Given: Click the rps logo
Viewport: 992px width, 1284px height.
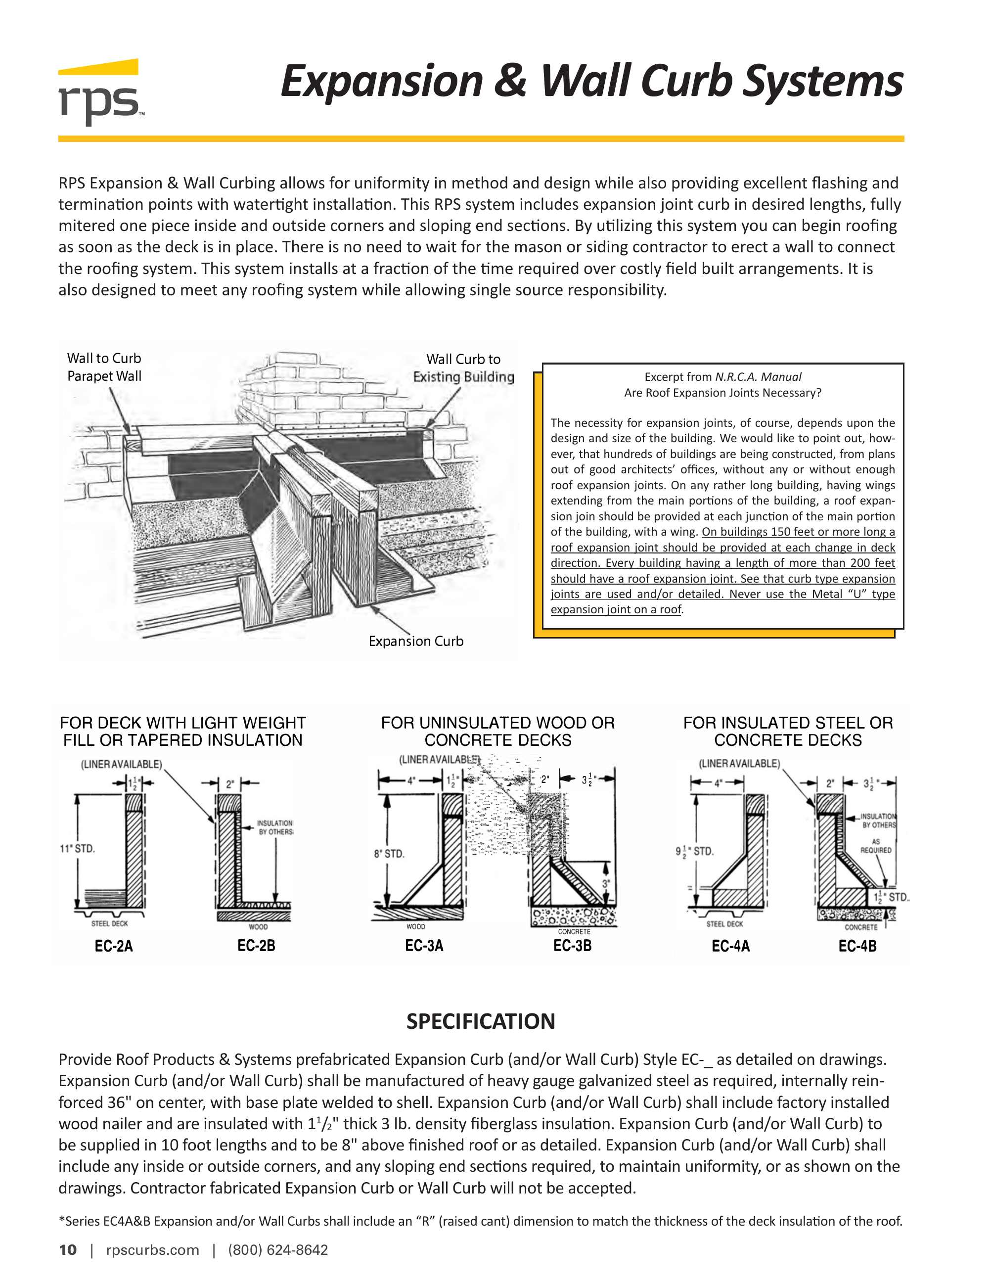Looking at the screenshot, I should pyautogui.click(x=100, y=93).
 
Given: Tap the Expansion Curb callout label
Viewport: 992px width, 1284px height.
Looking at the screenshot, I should pyautogui.click(x=415, y=641).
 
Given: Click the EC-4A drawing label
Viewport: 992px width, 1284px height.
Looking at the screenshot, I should pyautogui.click(x=730, y=946).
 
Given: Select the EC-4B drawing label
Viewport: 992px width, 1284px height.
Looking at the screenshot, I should pyautogui.click(x=857, y=946).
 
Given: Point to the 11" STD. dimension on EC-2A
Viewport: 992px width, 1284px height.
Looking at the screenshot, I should pyautogui.click(x=77, y=848).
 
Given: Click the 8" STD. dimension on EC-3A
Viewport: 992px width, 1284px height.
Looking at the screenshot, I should pyautogui.click(x=389, y=853).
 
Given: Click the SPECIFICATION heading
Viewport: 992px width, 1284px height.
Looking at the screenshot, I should pyautogui.click(x=481, y=1021).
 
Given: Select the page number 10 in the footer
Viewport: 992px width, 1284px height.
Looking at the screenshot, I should pyautogui.click(x=68, y=1250).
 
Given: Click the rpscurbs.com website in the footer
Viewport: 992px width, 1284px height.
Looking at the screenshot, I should pyautogui.click(x=152, y=1250).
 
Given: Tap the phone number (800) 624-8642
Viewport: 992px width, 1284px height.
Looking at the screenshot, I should pyautogui.click(x=278, y=1250).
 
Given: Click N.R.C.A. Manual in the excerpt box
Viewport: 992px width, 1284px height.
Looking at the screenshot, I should pyautogui.click(x=758, y=377).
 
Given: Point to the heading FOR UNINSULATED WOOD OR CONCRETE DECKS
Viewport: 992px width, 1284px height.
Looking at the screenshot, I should pyautogui.click(x=498, y=732).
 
